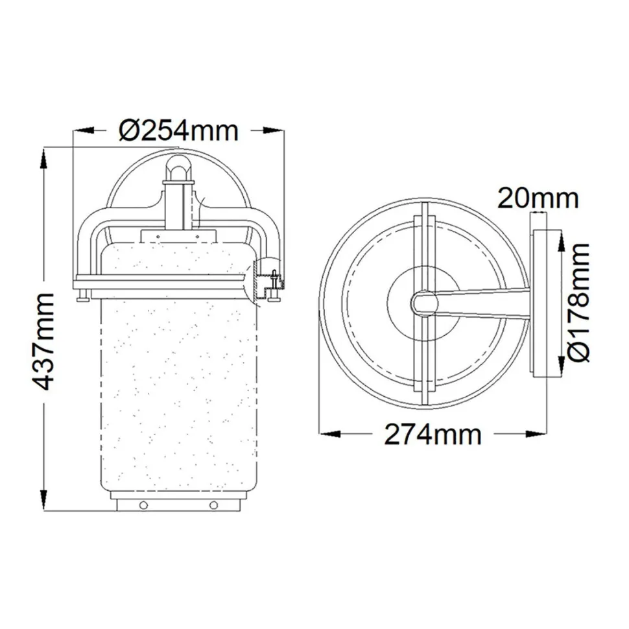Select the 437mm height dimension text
pos(43,342)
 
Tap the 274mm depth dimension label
pos(433,434)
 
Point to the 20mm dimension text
pos(538,198)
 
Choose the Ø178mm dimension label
pos(579,302)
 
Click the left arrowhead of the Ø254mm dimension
pos(84,130)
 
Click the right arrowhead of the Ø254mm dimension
pos(273,130)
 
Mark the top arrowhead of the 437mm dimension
pos(43,159)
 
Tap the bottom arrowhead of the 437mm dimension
pos(43,500)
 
